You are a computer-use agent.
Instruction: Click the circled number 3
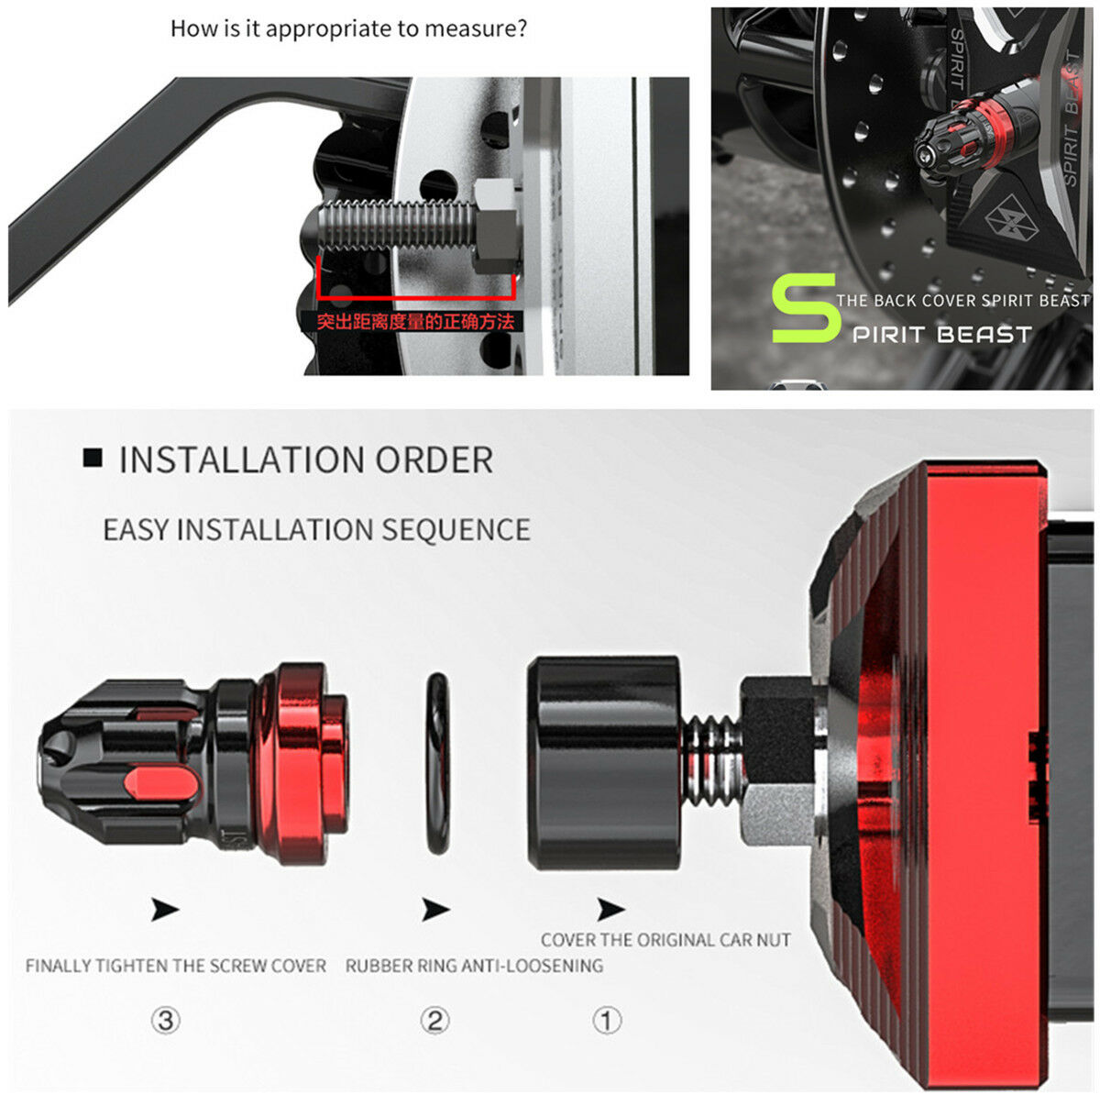pyautogui.click(x=166, y=1020)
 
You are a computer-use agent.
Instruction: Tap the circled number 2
pyautogui.click(x=435, y=1020)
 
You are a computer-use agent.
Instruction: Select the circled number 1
pyautogui.click(x=607, y=1020)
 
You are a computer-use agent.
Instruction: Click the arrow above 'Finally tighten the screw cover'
pyautogui.click(x=165, y=910)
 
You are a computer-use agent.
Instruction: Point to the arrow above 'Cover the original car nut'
pyautogui.click(x=610, y=910)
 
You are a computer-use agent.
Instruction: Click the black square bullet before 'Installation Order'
pyautogui.click(x=93, y=458)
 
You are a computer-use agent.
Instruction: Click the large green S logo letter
pyautogui.click(x=805, y=308)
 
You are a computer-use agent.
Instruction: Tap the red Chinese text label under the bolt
pyautogui.click(x=415, y=322)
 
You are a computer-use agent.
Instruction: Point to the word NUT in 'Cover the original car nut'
pyautogui.click(x=774, y=940)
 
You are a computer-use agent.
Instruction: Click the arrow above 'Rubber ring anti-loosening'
pyautogui.click(x=435, y=910)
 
